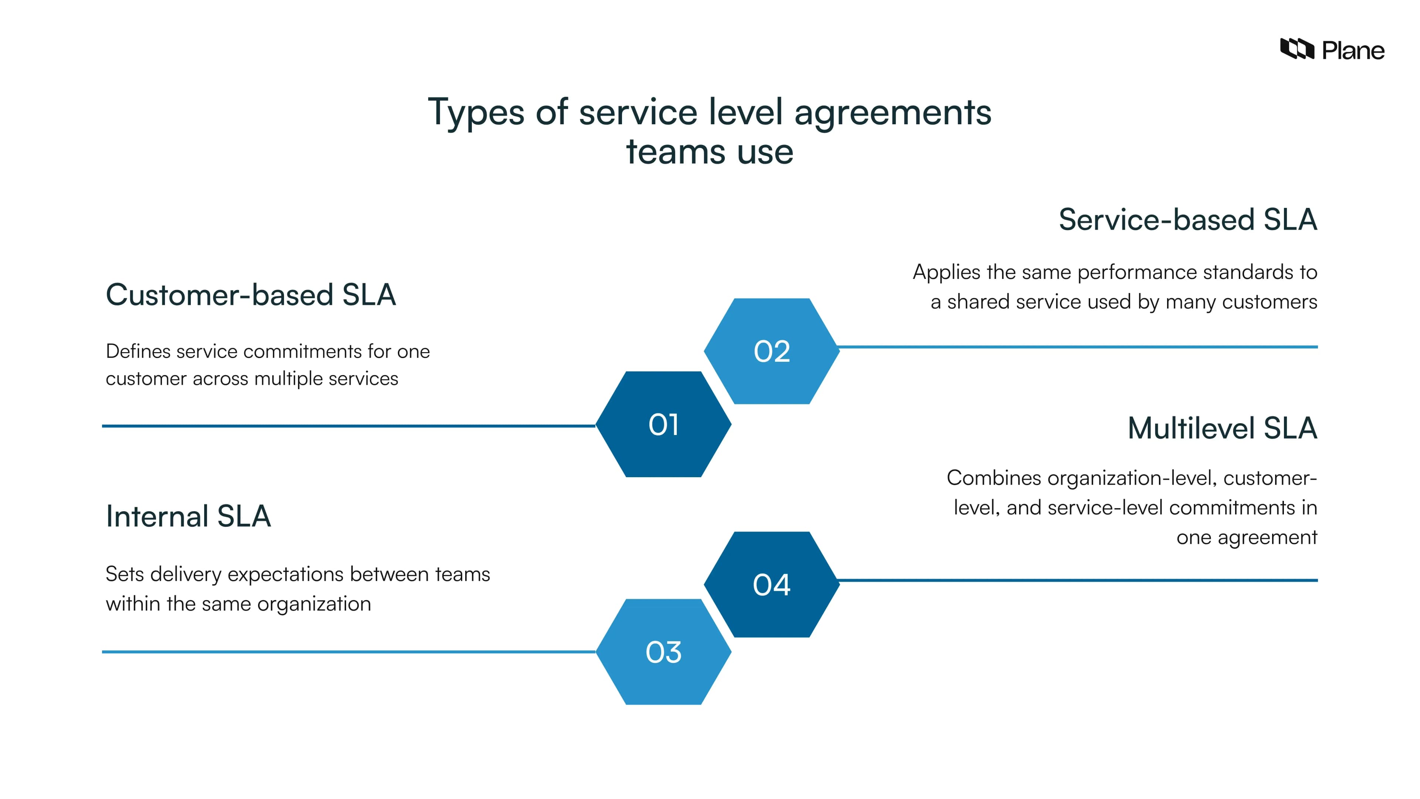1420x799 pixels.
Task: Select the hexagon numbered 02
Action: (772, 351)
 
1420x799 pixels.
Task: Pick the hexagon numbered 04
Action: (772, 584)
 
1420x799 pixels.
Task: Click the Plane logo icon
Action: (1296, 49)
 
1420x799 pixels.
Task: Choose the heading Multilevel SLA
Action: (1222, 428)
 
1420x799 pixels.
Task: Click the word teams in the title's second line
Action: (675, 152)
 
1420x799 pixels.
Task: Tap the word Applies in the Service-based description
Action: (946, 272)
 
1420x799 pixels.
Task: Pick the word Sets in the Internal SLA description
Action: (125, 574)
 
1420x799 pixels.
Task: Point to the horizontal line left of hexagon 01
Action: (347, 426)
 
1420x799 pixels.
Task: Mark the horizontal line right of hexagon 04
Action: (1075, 580)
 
